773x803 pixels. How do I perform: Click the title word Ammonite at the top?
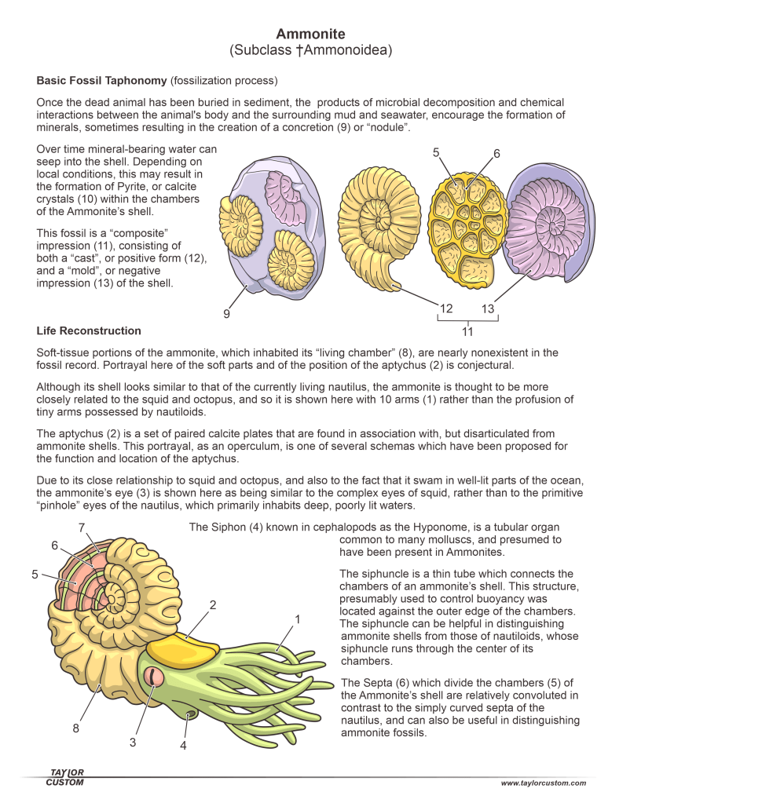coord(310,34)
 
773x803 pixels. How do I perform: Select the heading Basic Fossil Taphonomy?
coord(101,80)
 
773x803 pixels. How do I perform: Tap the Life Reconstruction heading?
coord(89,330)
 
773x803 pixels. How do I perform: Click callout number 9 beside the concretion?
coord(226,314)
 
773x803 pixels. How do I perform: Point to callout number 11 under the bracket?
coord(467,331)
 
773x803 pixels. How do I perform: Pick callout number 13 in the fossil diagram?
coord(488,308)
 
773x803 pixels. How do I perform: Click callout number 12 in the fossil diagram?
coord(446,308)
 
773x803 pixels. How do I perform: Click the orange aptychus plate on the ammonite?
coord(184,649)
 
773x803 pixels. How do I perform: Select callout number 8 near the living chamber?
coord(76,728)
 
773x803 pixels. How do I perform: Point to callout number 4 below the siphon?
coord(183,745)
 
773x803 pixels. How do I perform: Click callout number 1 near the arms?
coord(297,619)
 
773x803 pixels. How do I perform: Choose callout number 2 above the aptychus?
coord(212,605)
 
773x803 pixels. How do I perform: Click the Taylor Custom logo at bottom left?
coord(65,777)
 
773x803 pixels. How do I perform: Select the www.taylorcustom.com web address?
coord(543,783)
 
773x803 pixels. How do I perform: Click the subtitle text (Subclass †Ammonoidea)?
coord(310,51)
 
